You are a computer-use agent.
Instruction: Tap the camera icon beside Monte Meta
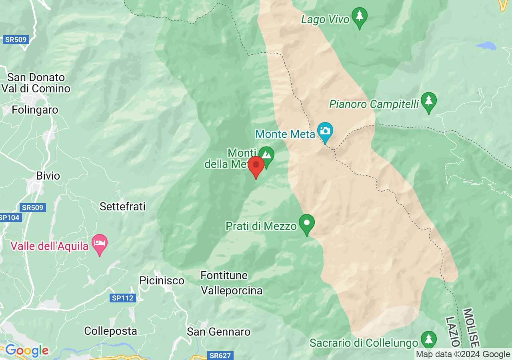click(325, 131)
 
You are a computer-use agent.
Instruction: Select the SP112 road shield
click(123, 298)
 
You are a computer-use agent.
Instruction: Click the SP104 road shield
click(10, 218)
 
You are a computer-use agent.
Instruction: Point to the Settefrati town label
click(122, 206)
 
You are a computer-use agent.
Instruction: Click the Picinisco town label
click(162, 281)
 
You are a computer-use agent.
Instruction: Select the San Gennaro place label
click(219, 332)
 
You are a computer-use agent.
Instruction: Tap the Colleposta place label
click(110, 331)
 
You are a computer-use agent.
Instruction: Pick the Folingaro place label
click(35, 110)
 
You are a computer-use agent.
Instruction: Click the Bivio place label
click(48, 176)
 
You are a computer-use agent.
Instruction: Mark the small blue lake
click(486, 45)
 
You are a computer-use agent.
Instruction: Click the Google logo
click(27, 351)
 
